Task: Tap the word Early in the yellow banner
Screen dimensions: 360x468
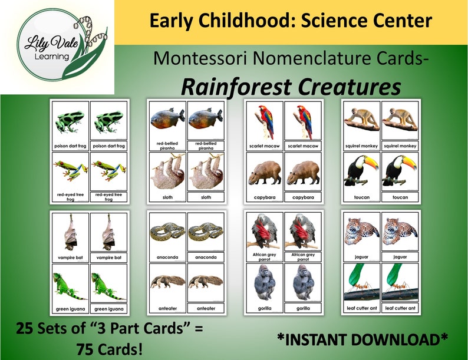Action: pyautogui.click(x=170, y=21)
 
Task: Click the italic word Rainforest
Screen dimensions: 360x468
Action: pyautogui.click(x=235, y=86)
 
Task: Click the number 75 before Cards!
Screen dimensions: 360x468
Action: pyautogui.click(x=87, y=349)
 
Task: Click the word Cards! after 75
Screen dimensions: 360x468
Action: pyautogui.click(x=121, y=349)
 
